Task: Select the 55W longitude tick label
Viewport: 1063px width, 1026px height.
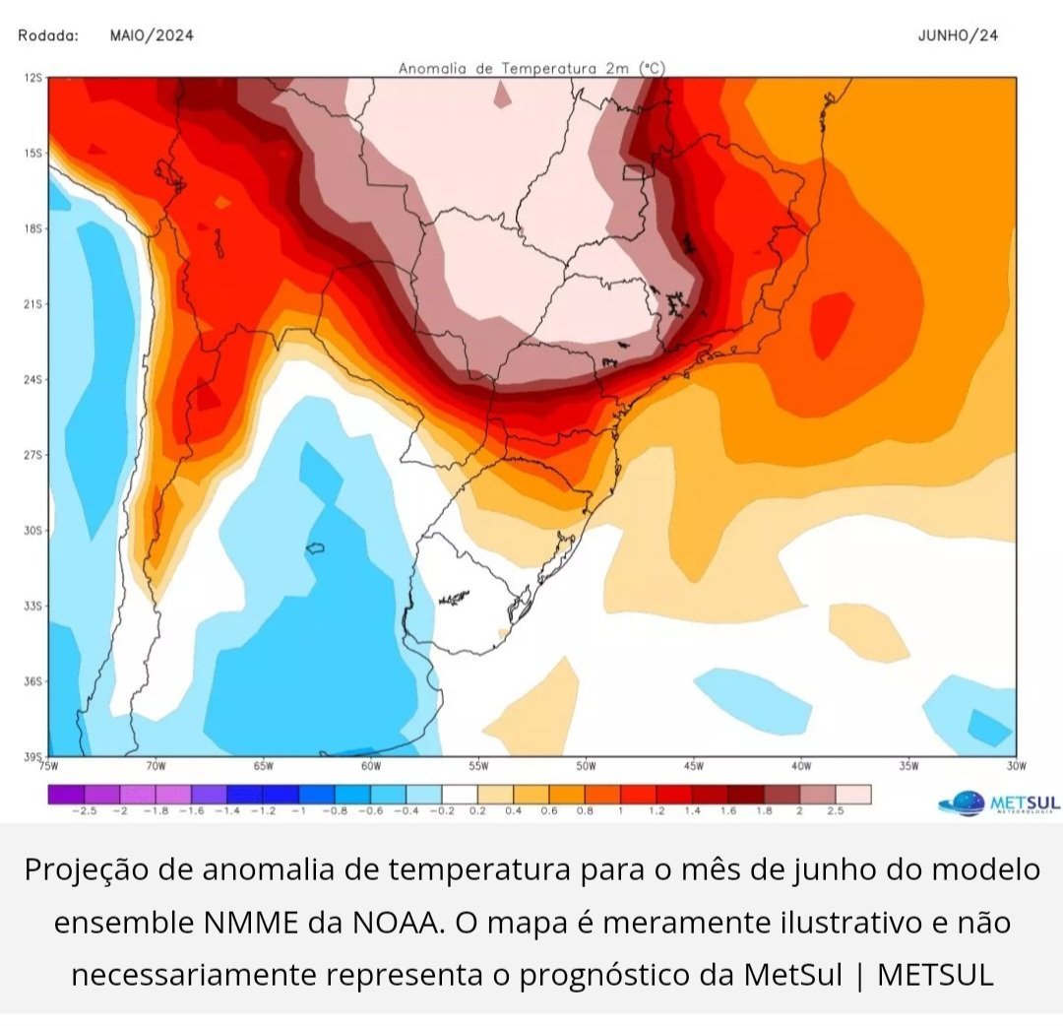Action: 478,765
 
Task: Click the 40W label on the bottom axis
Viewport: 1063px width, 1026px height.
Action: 800,765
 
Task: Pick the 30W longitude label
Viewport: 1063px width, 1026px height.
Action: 1016,765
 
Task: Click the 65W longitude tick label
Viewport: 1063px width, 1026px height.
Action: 263,765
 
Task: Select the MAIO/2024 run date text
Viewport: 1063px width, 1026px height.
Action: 152,35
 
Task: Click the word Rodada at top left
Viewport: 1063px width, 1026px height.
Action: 48,35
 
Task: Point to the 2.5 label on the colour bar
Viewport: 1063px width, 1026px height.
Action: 835,810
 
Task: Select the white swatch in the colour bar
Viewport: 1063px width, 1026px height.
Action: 460,794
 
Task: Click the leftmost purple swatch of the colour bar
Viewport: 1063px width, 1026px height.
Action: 66,794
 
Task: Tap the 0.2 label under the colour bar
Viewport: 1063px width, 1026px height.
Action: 477,810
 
